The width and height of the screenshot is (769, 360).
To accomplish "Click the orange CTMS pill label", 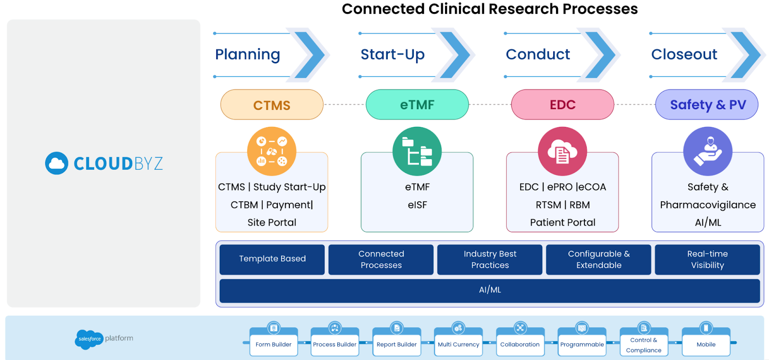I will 272,105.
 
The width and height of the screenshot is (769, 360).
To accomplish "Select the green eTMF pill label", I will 417,104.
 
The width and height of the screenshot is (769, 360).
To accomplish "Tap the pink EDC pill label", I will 562,104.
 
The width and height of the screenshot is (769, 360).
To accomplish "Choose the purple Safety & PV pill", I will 707,104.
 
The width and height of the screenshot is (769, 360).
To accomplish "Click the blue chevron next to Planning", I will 310,55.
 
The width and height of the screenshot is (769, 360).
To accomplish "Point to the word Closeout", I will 684,54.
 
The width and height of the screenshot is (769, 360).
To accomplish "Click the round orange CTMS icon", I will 272,151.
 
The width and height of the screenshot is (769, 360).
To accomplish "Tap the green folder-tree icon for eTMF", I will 417,151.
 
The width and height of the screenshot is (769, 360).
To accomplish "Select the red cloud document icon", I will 562,151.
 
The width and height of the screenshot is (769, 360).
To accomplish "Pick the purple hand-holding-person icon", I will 707,151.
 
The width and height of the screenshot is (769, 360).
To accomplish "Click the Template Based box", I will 272,259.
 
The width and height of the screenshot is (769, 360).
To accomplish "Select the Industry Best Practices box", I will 490,259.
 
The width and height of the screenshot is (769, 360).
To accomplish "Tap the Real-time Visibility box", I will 707,259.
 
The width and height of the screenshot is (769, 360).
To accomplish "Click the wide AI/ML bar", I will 490,290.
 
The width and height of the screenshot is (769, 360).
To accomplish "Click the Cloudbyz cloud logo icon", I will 57,163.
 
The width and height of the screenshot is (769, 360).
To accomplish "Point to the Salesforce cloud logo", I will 89,339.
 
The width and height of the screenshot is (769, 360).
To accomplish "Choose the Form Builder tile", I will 273,344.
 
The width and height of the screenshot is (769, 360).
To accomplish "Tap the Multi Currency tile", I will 459,344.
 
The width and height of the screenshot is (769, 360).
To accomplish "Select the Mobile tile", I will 706,344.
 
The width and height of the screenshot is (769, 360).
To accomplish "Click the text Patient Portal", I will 562,223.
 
